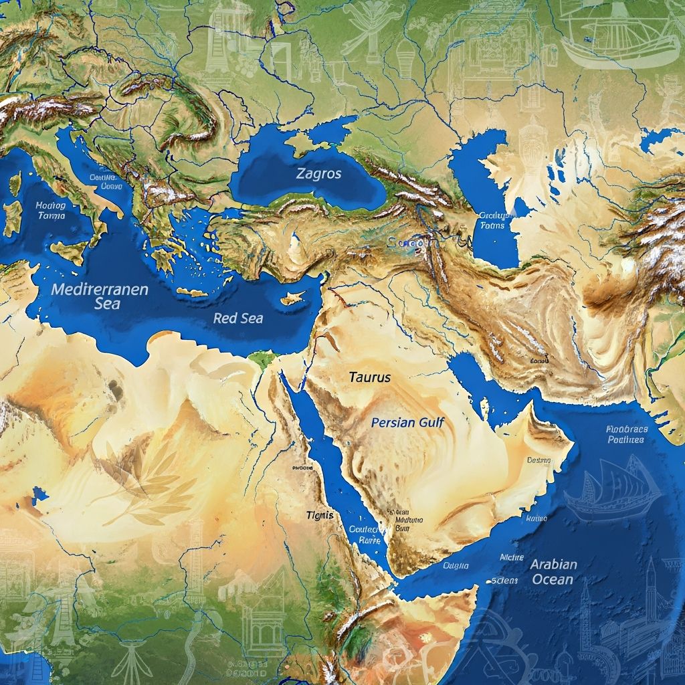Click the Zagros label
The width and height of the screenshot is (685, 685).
[318, 174]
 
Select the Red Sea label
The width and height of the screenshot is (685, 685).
[237, 318]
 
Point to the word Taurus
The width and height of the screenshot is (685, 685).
[369, 377]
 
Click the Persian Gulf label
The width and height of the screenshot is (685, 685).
[407, 423]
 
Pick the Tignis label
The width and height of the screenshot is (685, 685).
[319, 515]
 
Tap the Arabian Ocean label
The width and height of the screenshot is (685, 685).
[553, 571]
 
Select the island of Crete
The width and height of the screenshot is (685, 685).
[192, 292]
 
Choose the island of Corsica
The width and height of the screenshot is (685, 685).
[15, 183]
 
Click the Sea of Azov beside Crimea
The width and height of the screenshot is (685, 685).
[338, 127]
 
